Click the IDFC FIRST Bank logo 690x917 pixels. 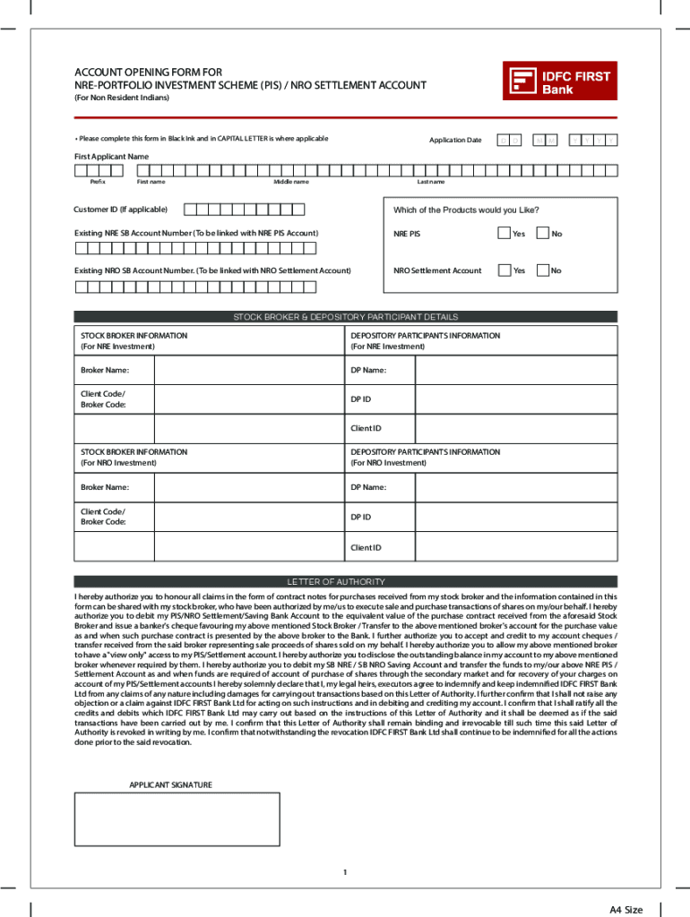[x=560, y=82]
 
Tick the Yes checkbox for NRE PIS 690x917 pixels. [x=504, y=234]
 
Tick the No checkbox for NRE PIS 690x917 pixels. [x=542, y=234]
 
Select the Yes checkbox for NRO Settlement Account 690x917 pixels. [x=504, y=270]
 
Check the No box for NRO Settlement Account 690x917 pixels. [x=542, y=270]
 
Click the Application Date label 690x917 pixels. [x=455, y=141]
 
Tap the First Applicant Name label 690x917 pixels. [x=111, y=157]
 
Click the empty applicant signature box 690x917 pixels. [x=177, y=818]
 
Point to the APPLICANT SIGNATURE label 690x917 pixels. [x=170, y=785]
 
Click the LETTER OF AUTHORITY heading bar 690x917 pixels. [x=345, y=582]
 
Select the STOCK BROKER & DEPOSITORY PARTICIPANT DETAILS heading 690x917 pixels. [x=345, y=317]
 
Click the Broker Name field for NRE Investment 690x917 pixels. [x=248, y=370]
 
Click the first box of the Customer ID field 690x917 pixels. [x=189, y=210]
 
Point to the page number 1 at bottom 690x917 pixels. [x=345, y=871]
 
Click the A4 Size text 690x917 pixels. [x=626, y=910]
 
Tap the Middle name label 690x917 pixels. [x=291, y=182]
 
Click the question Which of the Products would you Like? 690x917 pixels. [x=466, y=210]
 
